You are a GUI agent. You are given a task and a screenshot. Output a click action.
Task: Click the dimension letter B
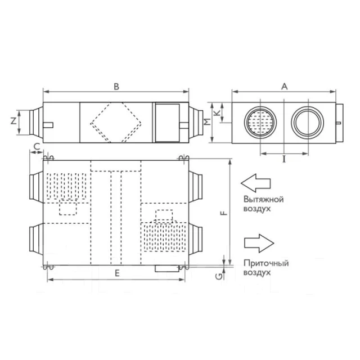click(116, 87)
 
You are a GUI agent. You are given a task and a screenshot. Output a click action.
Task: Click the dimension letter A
click(285, 87)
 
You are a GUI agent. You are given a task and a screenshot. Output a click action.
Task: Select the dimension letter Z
click(13, 121)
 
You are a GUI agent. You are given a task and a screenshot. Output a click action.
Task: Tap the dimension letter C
click(37, 146)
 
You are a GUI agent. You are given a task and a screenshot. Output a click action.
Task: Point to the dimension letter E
click(117, 273)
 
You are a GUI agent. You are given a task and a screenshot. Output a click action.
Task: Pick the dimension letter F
click(224, 213)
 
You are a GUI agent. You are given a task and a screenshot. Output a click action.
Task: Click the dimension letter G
click(219, 277)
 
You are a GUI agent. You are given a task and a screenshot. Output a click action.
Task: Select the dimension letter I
click(284, 159)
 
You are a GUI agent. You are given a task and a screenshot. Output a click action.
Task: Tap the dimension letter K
click(217, 112)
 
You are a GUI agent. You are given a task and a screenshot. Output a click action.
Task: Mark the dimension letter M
click(208, 121)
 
